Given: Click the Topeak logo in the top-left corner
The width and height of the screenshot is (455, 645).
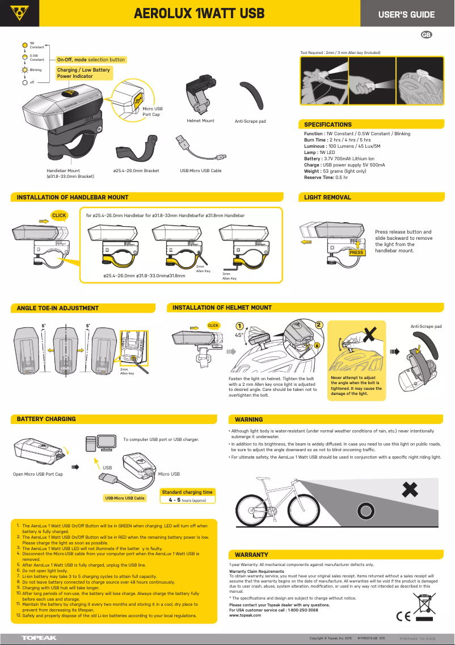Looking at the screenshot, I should coord(19,13).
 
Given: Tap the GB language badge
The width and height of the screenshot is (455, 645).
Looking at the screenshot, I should coord(427,35).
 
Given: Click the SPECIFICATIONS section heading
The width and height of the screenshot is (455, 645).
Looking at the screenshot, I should coord(328,124).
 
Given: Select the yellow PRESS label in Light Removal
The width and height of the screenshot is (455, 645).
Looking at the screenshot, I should coord(356,252).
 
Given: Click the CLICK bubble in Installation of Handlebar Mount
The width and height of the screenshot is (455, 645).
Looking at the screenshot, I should coord(59,215).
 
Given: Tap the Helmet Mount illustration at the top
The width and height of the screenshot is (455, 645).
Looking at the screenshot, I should coord(200,94).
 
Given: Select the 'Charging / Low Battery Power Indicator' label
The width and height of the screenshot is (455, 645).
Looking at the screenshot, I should coord(83,73).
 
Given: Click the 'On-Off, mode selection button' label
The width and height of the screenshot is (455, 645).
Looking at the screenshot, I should coord(91,60).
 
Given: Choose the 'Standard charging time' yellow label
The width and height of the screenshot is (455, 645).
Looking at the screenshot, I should coord(187,492).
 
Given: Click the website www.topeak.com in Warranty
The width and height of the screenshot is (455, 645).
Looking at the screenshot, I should coord(245,615).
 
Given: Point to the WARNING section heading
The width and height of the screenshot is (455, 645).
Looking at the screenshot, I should coord(248,419).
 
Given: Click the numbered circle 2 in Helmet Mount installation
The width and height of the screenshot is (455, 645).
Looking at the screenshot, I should coord(319,325).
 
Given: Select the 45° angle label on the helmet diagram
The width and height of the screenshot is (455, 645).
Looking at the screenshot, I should coord(239,335).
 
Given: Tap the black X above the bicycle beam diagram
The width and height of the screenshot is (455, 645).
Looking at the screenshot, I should coord(411,489).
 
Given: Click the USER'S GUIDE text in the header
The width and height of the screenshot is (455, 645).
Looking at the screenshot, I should coord(406,14).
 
